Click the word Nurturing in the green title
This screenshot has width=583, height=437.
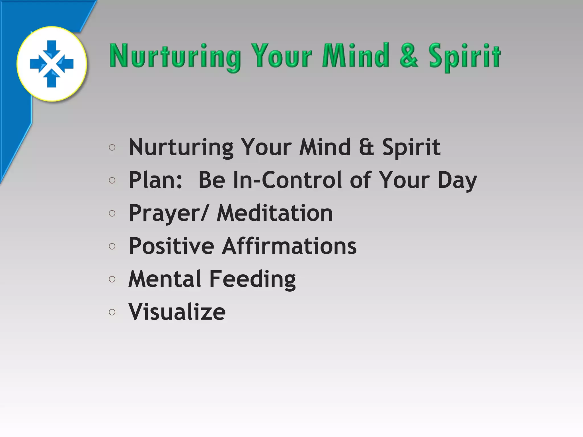(x=175, y=56)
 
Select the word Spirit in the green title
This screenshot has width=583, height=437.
(x=465, y=56)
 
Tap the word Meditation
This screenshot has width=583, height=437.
(x=275, y=213)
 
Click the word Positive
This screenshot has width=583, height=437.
(x=171, y=246)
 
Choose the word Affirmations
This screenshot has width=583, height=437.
(x=289, y=246)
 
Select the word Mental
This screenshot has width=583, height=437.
(x=165, y=279)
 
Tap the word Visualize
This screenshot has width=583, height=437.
(x=177, y=312)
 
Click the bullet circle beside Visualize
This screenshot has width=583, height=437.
(x=112, y=312)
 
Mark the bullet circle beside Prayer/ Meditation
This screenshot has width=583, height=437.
(x=112, y=213)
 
